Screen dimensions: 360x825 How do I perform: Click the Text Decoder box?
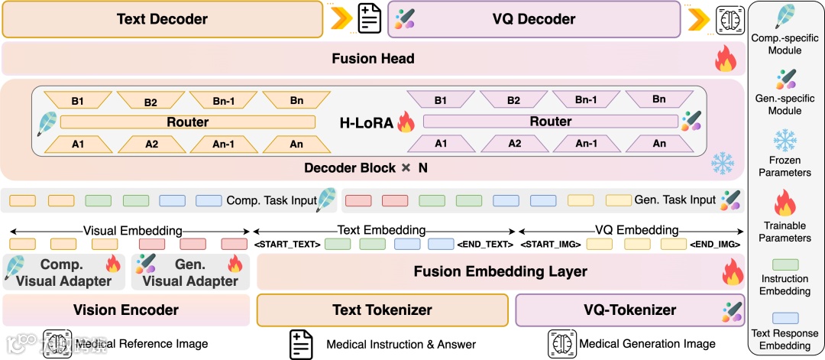point(162,19)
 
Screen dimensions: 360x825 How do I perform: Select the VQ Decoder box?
point(534,19)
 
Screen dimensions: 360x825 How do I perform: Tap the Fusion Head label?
point(373,58)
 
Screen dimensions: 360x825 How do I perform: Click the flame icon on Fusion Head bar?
point(725,59)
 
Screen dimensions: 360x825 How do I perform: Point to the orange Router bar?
point(187,122)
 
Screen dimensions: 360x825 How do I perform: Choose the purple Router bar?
point(550,122)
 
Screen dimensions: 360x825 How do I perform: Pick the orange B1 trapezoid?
point(79,99)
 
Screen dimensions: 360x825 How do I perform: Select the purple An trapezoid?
point(659,143)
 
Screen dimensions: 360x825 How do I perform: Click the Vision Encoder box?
point(126,310)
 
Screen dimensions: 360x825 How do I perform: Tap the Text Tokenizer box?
point(382,310)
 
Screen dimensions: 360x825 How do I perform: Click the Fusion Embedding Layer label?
point(500,271)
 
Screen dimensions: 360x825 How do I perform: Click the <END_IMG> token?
point(715,245)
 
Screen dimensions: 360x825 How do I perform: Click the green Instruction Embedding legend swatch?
point(786,264)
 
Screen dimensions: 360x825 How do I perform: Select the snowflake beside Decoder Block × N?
point(723,162)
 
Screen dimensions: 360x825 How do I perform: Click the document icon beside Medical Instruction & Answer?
point(301,344)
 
